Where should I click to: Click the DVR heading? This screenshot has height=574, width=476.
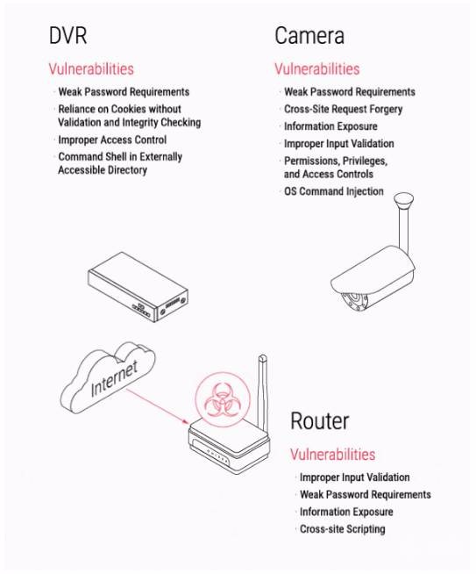[68, 35]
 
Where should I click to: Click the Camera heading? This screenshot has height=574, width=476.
[309, 35]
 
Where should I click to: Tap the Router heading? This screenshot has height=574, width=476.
[320, 421]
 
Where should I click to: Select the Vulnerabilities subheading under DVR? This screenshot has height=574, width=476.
[91, 68]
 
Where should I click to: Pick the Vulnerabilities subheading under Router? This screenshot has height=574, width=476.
[333, 455]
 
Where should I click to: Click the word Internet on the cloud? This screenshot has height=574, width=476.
[114, 378]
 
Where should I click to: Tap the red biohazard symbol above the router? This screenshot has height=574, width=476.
[223, 399]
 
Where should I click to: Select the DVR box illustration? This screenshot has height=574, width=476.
[138, 287]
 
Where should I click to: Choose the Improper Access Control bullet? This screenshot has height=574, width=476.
[112, 140]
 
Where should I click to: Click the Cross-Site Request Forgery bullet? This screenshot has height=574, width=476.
[344, 109]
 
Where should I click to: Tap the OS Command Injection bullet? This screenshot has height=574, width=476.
[334, 191]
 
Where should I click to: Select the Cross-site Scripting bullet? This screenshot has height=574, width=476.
[342, 529]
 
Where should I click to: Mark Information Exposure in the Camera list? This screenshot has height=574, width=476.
[330, 126]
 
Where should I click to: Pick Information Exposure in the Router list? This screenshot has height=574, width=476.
[346, 512]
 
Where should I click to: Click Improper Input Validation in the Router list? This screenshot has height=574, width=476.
[355, 477]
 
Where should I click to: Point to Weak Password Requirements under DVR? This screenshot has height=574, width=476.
[124, 92]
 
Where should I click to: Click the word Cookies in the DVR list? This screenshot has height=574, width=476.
[128, 109]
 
